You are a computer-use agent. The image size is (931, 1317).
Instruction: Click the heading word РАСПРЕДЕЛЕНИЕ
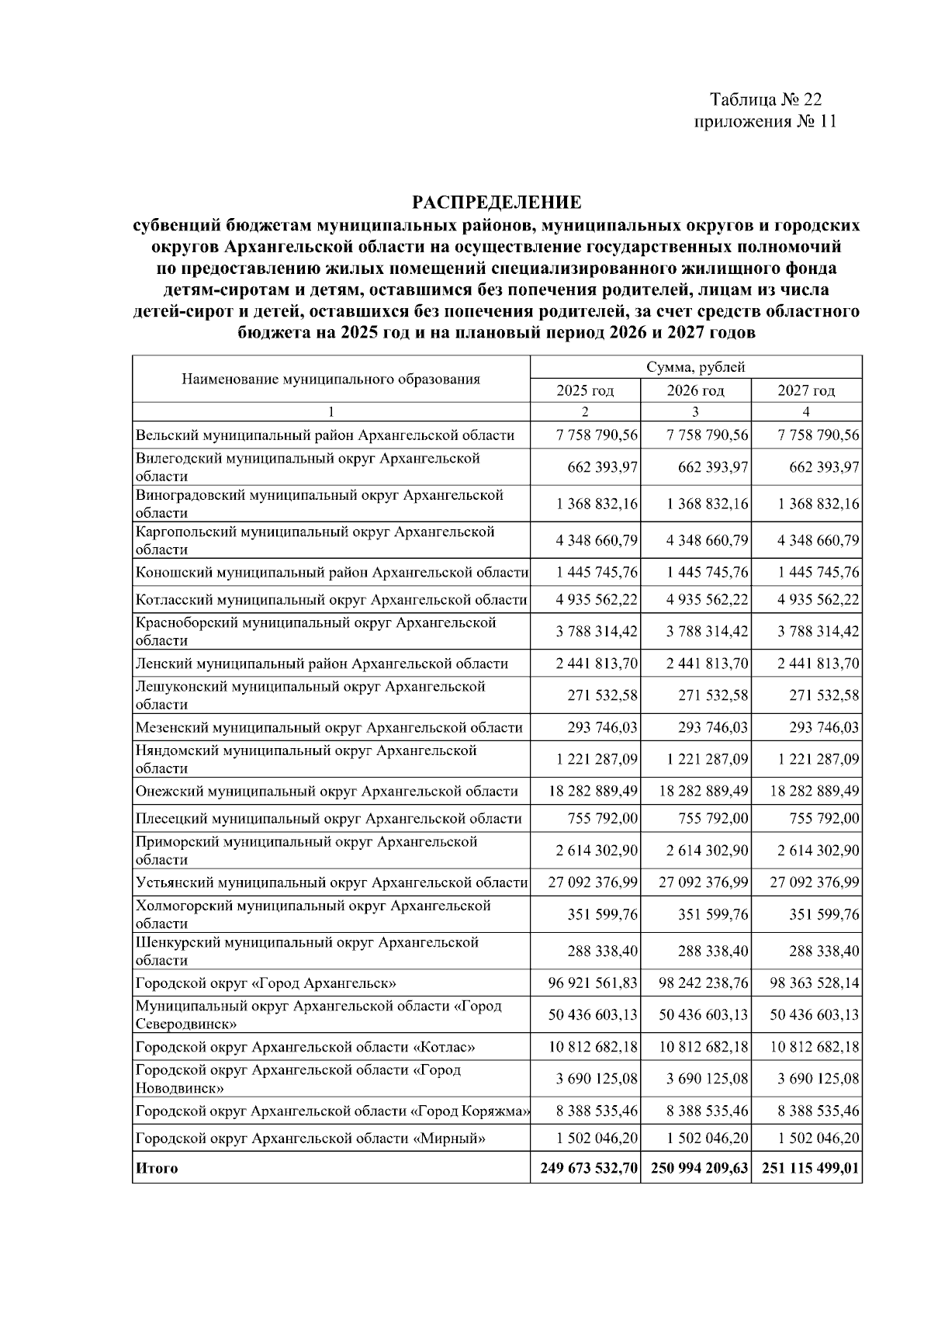tap(497, 203)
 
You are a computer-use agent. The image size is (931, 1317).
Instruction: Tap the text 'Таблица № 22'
tap(765, 100)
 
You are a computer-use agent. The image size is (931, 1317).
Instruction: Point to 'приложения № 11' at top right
tap(765, 122)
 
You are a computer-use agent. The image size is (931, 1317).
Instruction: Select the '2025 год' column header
tap(585, 390)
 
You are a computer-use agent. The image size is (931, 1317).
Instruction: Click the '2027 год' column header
tap(806, 390)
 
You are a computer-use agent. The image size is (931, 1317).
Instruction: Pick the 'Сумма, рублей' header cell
tap(696, 367)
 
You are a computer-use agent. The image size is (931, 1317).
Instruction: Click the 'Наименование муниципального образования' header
tap(331, 379)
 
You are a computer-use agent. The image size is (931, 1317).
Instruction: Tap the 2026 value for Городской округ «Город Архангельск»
tap(704, 983)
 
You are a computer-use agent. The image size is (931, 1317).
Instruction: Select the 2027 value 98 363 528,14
tap(814, 983)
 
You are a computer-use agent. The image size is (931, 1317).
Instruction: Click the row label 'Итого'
tap(157, 1168)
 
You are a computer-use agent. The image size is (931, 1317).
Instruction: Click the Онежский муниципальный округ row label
tap(327, 792)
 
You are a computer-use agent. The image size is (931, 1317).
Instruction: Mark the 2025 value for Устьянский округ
tap(593, 882)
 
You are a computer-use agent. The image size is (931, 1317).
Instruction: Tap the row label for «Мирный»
tap(310, 1139)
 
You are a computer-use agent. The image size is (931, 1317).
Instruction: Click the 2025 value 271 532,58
tap(603, 695)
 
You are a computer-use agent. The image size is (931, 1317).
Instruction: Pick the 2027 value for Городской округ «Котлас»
tap(814, 1047)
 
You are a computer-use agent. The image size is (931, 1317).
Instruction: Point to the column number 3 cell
tap(695, 411)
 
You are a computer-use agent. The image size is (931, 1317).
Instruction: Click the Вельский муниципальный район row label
tap(324, 435)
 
